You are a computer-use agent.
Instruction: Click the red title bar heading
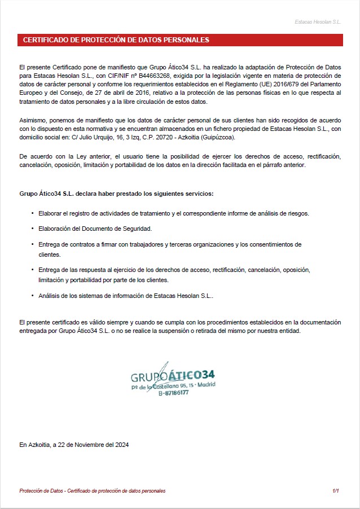[x=116, y=40]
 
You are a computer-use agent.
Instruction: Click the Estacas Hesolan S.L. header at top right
[x=318, y=22]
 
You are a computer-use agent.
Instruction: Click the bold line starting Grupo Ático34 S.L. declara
[x=116, y=194]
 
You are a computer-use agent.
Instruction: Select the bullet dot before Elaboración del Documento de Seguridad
[x=32, y=229]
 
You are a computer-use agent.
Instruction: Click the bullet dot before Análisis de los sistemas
[x=32, y=296]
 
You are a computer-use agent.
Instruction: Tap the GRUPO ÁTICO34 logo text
[x=172, y=376]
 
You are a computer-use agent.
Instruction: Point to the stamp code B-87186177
[x=173, y=393]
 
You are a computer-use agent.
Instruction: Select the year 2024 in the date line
[x=122, y=445]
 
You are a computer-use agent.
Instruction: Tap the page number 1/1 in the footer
[x=336, y=491]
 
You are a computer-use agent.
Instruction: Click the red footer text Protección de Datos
[x=40, y=491]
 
